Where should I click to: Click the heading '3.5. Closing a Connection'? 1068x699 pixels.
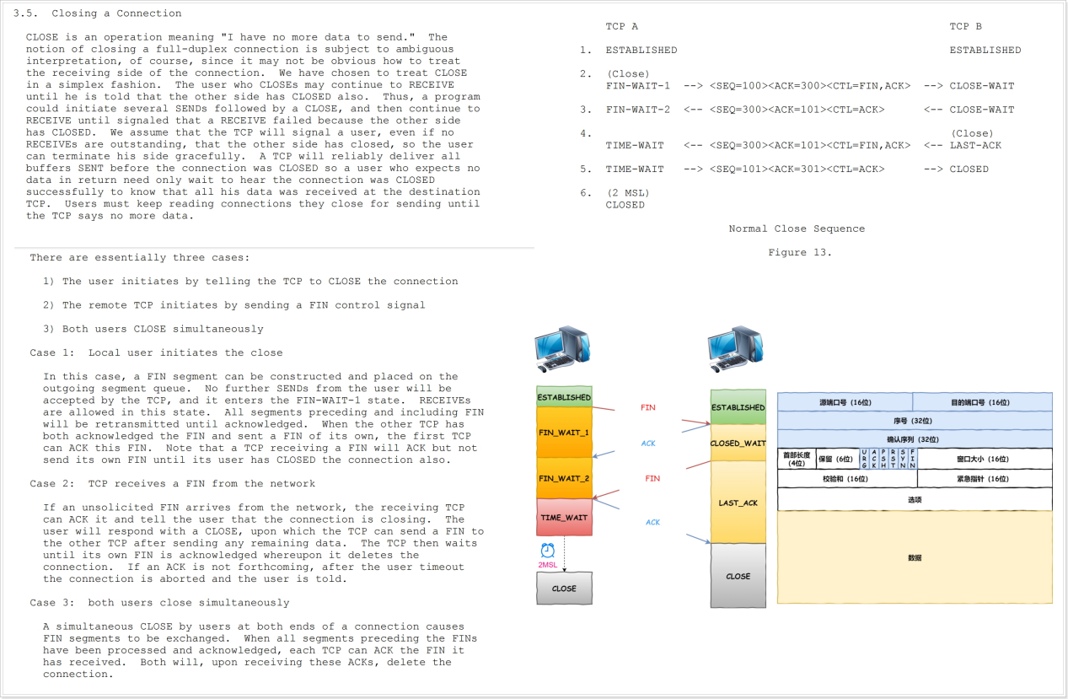104,13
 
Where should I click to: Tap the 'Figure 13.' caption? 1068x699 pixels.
799,252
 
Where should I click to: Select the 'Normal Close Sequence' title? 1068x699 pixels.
797,229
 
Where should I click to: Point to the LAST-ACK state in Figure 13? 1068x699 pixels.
975,145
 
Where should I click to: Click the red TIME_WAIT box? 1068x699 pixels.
564,517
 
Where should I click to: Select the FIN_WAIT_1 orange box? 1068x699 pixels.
564,433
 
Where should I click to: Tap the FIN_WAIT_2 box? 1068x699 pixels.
564,478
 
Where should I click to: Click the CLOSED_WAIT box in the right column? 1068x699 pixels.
738,443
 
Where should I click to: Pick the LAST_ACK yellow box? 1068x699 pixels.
738,503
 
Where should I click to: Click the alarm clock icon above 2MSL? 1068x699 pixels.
546,550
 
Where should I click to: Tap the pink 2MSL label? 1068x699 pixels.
547,565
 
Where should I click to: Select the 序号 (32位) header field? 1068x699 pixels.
915,420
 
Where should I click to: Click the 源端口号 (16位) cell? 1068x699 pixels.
845,402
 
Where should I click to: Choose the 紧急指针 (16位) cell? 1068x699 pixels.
985,479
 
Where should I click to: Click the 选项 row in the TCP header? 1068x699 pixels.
915,499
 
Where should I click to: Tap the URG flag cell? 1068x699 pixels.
865,460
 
